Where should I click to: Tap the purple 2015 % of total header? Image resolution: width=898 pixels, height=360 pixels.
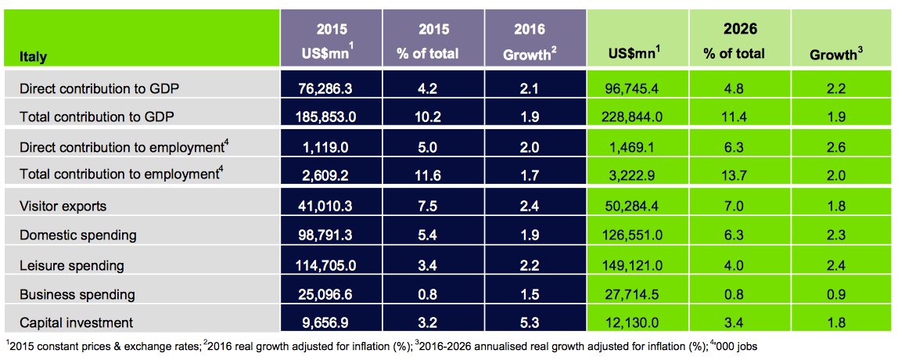[433, 41]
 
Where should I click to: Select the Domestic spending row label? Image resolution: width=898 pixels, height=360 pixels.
[79, 236]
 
